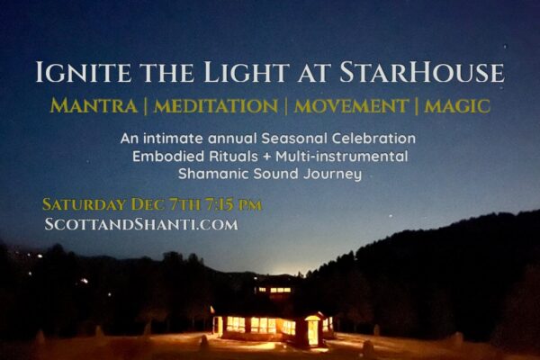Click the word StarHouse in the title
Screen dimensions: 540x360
tap(422, 72)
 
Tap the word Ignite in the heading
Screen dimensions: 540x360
tap(84, 72)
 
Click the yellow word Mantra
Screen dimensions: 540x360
tap(94, 105)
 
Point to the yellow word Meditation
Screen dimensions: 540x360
tap(216, 106)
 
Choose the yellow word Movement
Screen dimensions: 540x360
tap(351, 106)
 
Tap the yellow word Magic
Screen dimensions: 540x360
tap(457, 106)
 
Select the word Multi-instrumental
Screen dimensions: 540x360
tap(342, 156)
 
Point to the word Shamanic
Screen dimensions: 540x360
tap(213, 174)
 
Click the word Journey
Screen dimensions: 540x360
tap(333, 175)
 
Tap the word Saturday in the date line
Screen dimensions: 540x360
tap(84, 204)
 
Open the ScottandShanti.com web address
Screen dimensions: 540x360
tap(141, 225)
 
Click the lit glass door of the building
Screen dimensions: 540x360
tap(313, 331)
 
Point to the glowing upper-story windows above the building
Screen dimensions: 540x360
tap(275, 290)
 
